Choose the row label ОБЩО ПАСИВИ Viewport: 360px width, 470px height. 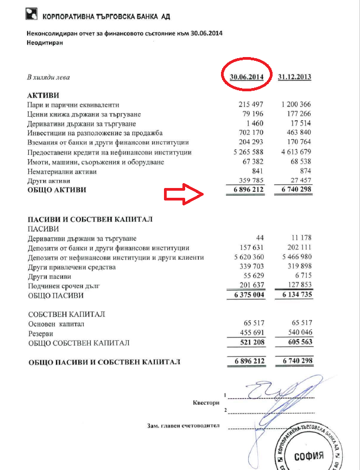click(55, 297)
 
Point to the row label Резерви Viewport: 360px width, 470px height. click(41, 334)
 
